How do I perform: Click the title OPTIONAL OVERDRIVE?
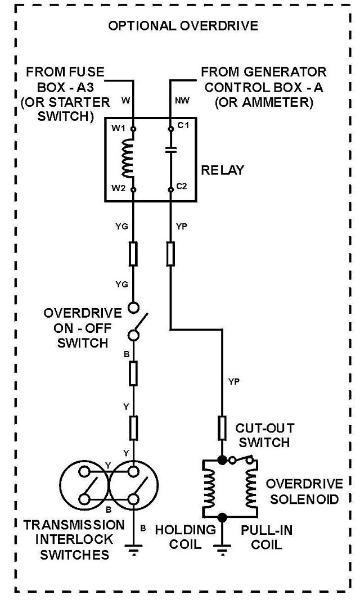(x=183, y=26)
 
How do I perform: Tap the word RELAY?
(x=223, y=170)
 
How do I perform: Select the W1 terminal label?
(x=119, y=128)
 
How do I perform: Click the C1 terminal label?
(x=183, y=125)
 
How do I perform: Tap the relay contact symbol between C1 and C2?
(x=170, y=150)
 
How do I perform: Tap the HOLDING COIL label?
(x=186, y=537)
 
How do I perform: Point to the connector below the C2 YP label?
(x=170, y=254)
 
